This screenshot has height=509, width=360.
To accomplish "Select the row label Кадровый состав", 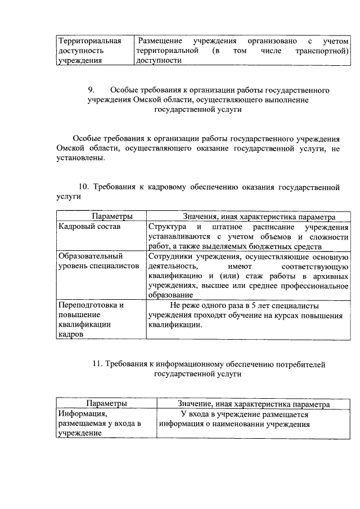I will point(82,226).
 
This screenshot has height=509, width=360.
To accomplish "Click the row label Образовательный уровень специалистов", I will point(98,260).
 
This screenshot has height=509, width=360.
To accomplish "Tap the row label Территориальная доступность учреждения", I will point(90,52).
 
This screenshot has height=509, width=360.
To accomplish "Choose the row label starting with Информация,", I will point(98,423).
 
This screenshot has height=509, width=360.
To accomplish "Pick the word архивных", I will point(329,276).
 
